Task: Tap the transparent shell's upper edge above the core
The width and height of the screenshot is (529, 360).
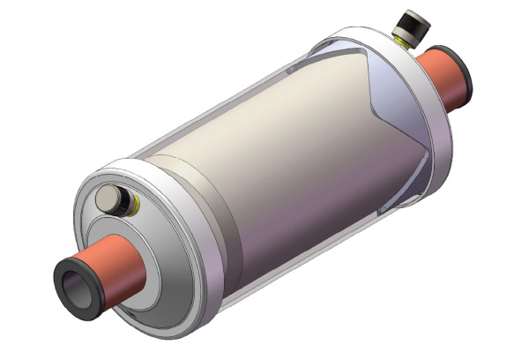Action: click(x=247, y=88)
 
